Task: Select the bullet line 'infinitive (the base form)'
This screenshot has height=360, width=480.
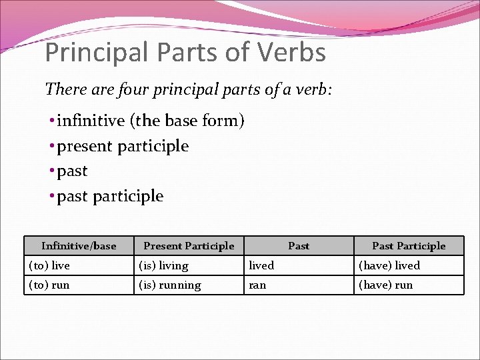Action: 151,121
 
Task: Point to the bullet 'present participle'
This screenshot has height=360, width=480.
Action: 123,146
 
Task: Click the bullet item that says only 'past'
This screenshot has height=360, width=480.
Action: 72,171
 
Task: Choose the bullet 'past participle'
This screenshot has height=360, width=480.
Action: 110,196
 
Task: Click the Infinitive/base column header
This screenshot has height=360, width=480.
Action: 79,246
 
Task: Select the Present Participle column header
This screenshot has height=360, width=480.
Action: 189,246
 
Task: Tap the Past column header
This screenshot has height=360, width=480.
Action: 299,246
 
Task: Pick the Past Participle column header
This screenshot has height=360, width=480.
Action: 409,246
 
